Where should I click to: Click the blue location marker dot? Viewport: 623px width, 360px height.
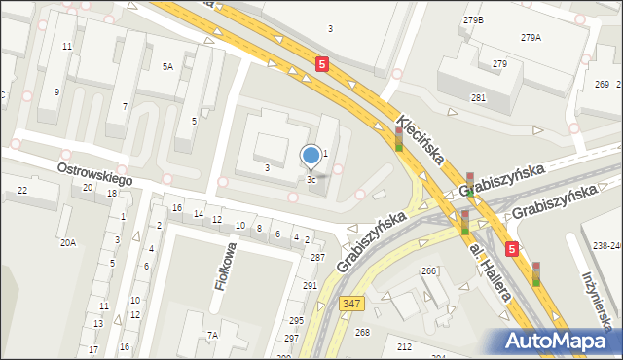click(311, 155)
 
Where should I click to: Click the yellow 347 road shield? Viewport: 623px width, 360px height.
click(352, 305)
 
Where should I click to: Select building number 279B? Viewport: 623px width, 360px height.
click(474, 20)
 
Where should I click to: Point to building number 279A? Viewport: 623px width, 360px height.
click(531, 38)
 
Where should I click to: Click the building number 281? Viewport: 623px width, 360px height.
click(478, 98)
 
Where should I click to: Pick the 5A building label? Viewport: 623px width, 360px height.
click(167, 67)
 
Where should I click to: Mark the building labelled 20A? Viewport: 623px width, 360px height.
click(67, 243)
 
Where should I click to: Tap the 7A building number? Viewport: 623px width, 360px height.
click(212, 336)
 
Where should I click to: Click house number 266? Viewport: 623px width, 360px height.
click(428, 271)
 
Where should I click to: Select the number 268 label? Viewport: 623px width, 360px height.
click(362, 333)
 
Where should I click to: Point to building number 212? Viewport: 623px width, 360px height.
click(404, 346)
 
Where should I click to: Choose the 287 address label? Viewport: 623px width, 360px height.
click(317, 257)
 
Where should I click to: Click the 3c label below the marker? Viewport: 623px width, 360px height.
click(311, 180)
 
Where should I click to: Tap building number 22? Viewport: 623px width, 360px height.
click(22, 191)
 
